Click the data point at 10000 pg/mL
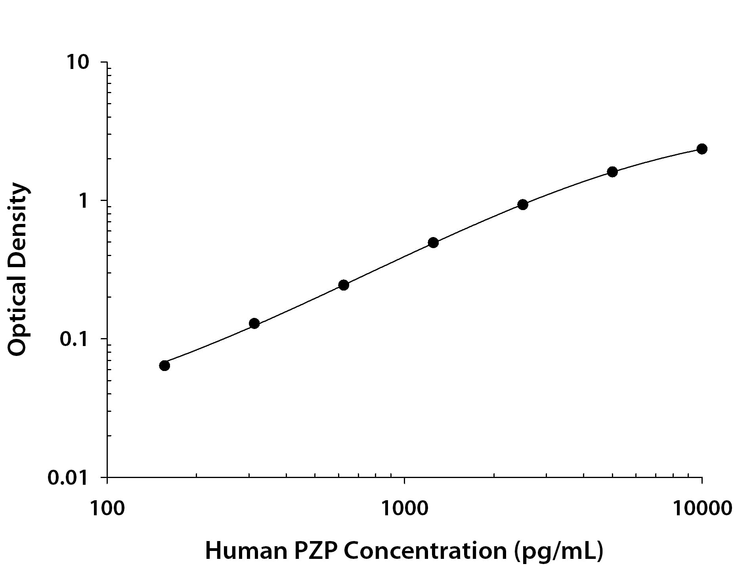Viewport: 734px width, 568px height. (702, 149)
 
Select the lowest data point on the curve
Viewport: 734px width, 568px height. (164, 365)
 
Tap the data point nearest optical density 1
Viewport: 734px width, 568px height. (523, 205)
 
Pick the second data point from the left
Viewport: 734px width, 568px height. (254, 323)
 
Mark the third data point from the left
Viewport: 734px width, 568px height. (344, 285)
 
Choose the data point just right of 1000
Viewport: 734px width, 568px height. (433, 243)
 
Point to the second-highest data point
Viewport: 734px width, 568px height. (612, 172)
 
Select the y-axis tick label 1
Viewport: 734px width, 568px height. (83, 201)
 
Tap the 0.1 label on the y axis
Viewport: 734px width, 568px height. (73, 339)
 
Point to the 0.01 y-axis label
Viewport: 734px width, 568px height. (67, 478)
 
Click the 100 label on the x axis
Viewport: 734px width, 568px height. (107, 508)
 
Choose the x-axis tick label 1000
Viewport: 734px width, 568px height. (405, 508)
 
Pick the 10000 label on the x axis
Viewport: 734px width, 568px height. (702, 508)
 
